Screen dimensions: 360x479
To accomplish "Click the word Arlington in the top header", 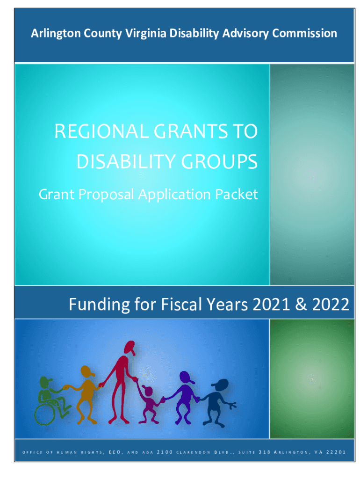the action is (x=56, y=34).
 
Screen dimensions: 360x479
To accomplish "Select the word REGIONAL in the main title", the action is (x=101, y=131).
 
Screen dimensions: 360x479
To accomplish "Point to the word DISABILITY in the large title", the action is (x=126, y=161).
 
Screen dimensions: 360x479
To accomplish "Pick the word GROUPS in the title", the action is (x=219, y=161).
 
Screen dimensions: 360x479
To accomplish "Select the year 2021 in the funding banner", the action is (x=271, y=304).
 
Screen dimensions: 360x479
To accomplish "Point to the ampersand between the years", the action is (x=301, y=304).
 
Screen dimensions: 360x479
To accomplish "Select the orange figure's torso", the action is (x=87, y=390).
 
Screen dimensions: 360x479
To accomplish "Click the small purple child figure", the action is (x=148, y=404).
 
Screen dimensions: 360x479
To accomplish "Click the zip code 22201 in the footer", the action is (x=336, y=452).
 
